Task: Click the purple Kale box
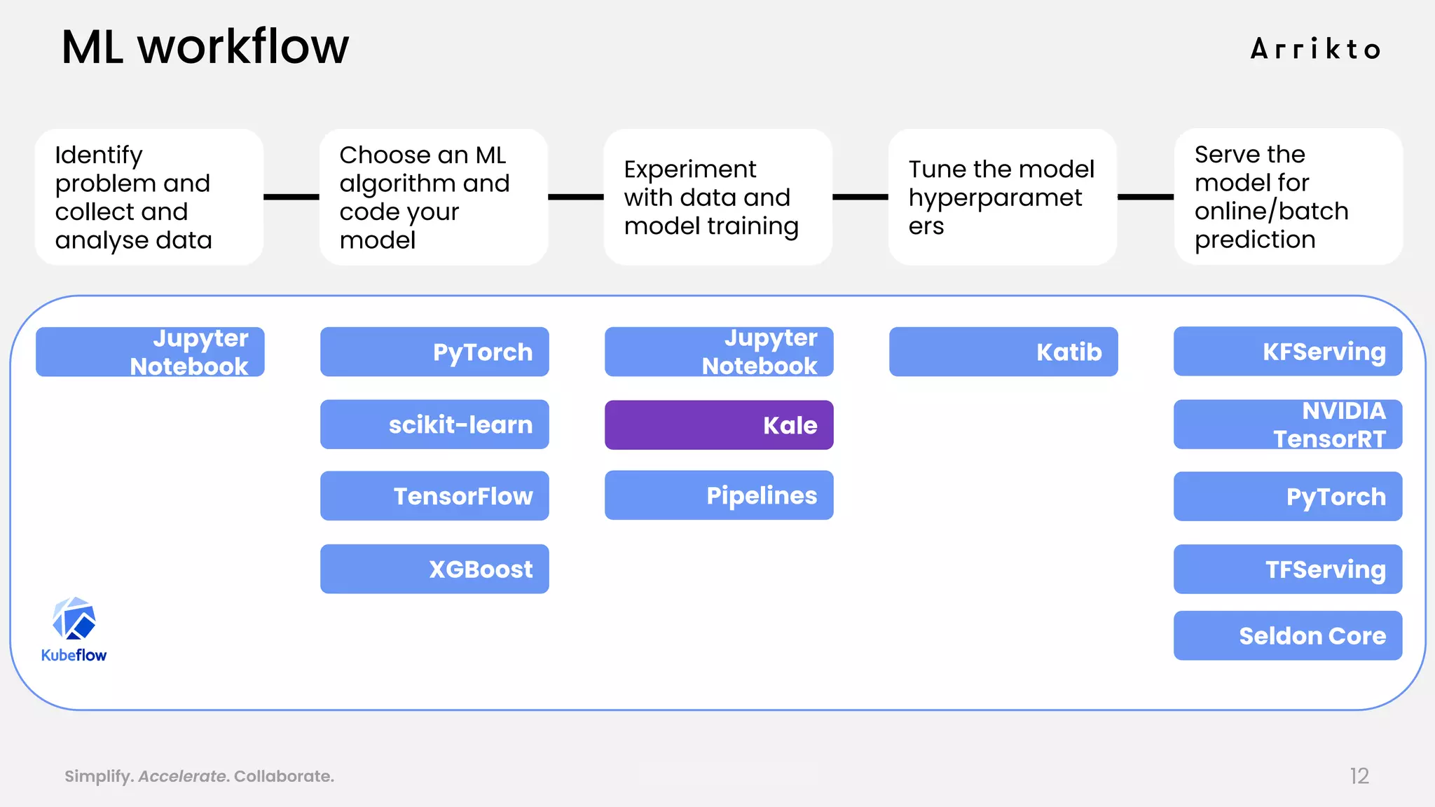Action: click(x=719, y=425)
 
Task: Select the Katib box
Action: click(x=1003, y=352)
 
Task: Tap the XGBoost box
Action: click(x=434, y=569)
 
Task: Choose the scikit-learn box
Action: click(x=434, y=425)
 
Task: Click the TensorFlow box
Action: click(x=434, y=496)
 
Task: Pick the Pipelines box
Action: click(x=719, y=495)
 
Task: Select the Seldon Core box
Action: click(x=1288, y=635)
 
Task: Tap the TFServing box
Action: click(x=1288, y=569)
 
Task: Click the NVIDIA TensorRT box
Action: click(x=1288, y=425)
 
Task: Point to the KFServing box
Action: click(x=1288, y=352)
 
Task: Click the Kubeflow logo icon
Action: click(x=74, y=619)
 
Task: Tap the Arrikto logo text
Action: click(x=1315, y=50)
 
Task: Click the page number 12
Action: click(x=1359, y=775)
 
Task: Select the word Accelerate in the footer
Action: click(x=182, y=776)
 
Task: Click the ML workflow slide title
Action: click(x=205, y=47)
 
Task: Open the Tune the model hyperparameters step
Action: click(x=1002, y=197)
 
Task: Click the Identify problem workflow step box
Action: click(x=149, y=197)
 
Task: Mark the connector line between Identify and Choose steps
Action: click(x=291, y=197)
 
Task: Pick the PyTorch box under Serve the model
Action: click(x=1288, y=497)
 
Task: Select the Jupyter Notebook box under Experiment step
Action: click(x=719, y=352)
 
